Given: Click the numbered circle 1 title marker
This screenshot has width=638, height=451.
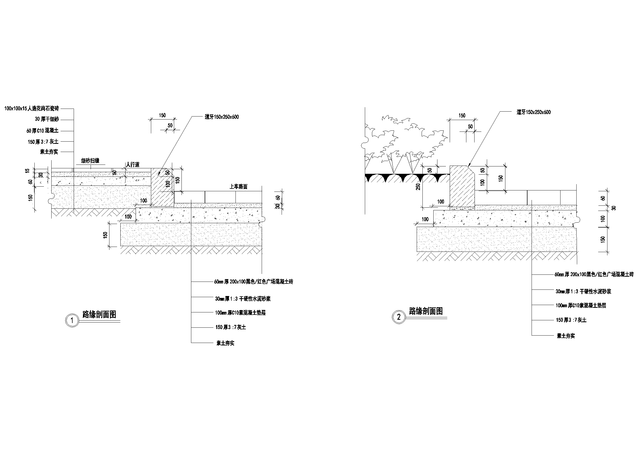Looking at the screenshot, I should (x=72, y=320).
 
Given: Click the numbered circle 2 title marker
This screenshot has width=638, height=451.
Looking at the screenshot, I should (x=399, y=317).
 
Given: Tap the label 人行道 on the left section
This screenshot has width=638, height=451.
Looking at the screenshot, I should (x=133, y=165).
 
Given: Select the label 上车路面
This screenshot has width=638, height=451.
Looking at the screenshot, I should (x=238, y=187).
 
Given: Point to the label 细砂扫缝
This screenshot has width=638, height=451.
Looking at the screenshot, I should (x=90, y=161).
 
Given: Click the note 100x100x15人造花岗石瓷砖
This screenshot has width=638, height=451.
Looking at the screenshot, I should (x=32, y=108).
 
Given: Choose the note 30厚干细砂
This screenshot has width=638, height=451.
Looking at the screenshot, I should (x=47, y=119).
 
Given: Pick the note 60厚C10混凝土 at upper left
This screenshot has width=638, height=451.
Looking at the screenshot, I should (x=43, y=131).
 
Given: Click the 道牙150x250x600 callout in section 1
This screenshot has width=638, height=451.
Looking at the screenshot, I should (x=222, y=117).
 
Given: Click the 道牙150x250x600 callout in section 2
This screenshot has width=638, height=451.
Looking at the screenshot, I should (x=533, y=112).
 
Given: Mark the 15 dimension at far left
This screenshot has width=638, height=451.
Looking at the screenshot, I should (x=27, y=170).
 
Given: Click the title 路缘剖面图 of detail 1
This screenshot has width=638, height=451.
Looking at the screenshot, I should (x=100, y=314).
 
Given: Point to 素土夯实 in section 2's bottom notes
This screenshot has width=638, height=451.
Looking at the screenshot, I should (x=566, y=336).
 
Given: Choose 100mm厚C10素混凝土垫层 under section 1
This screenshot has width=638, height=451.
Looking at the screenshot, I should (x=240, y=313).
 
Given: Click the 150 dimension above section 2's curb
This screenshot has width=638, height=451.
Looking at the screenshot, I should (x=462, y=115).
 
